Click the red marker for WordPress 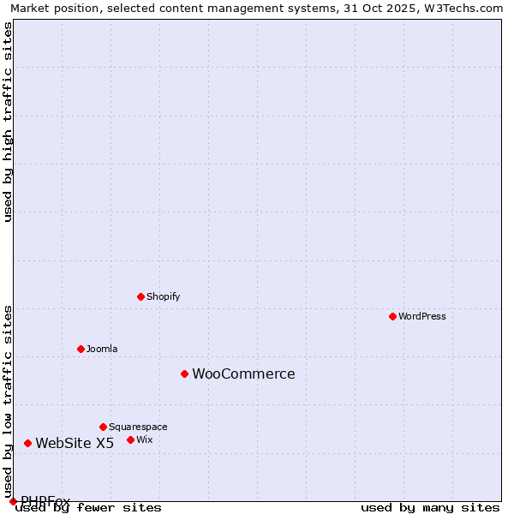(393, 316)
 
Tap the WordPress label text (421, 316)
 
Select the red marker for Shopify (141, 296)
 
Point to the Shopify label (163, 296)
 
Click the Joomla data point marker (81, 349)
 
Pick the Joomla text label (102, 349)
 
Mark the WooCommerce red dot (184, 374)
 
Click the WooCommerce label (243, 374)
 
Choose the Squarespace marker (103, 427)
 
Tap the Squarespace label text (138, 427)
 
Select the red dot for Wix (130, 439)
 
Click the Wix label (145, 439)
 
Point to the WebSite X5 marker (28, 443)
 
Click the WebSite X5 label (75, 443)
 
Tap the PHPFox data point (13, 501)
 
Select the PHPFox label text (45, 500)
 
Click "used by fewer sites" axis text (88, 508)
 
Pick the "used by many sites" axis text (430, 508)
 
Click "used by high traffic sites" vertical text (9, 122)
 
